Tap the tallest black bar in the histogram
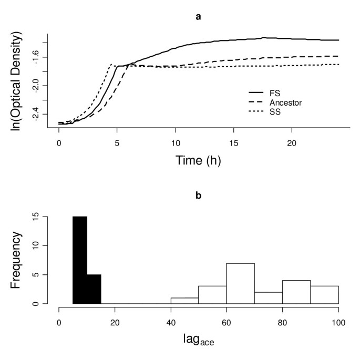tap(80, 260)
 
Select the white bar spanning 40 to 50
tap(184, 301)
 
